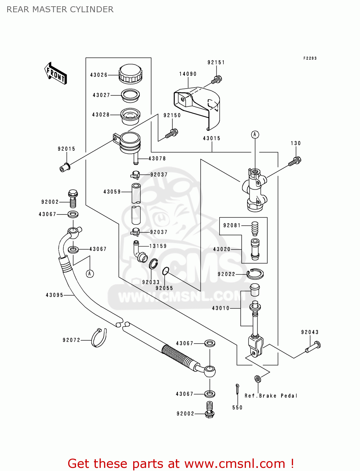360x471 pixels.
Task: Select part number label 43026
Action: (x=99, y=75)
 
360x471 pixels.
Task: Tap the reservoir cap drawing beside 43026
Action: (x=130, y=74)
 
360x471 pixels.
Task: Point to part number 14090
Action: (x=188, y=74)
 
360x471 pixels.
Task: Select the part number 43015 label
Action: (x=212, y=138)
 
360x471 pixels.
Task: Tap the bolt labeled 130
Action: (x=295, y=161)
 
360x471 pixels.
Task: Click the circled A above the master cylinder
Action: (x=255, y=135)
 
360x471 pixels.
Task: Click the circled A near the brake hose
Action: (x=90, y=273)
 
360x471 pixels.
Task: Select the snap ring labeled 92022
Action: (x=255, y=274)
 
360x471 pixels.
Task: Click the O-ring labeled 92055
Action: (x=166, y=271)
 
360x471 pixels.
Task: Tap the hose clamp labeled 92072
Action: (x=99, y=338)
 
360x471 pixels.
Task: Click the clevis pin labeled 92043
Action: (x=313, y=347)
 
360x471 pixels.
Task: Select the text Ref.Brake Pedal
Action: (x=271, y=396)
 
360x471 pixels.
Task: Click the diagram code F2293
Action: (x=310, y=58)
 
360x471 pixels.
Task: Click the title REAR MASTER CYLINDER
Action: (x=60, y=10)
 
